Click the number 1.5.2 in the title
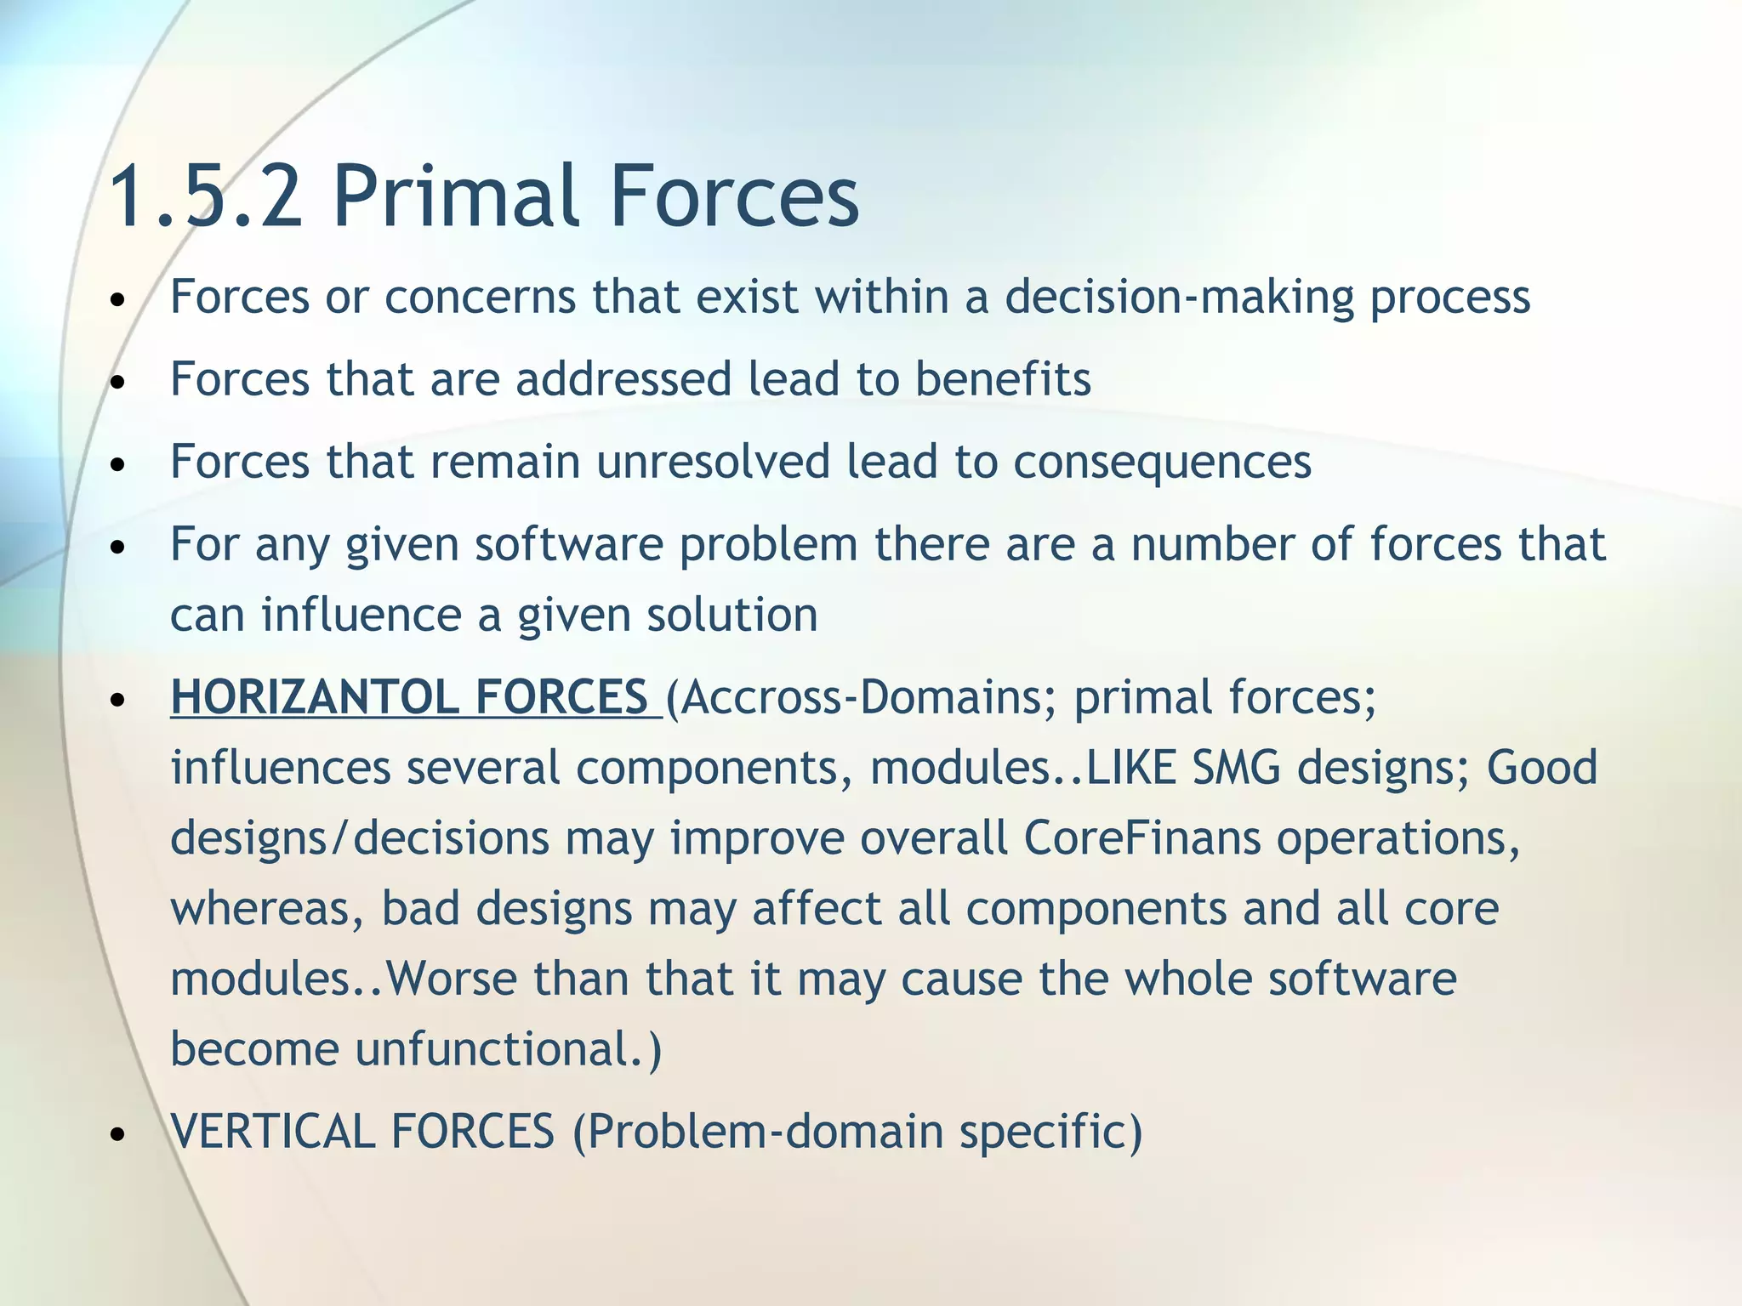[x=207, y=197]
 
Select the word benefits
[x=1003, y=379]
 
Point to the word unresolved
[x=713, y=462]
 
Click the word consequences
[x=1162, y=463]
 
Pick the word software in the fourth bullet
[x=569, y=544]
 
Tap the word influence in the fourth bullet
[x=361, y=615]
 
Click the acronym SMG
[x=1236, y=768]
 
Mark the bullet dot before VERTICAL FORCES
[x=118, y=1134]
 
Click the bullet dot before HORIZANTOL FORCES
[x=118, y=700]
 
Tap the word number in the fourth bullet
[x=1212, y=544]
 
